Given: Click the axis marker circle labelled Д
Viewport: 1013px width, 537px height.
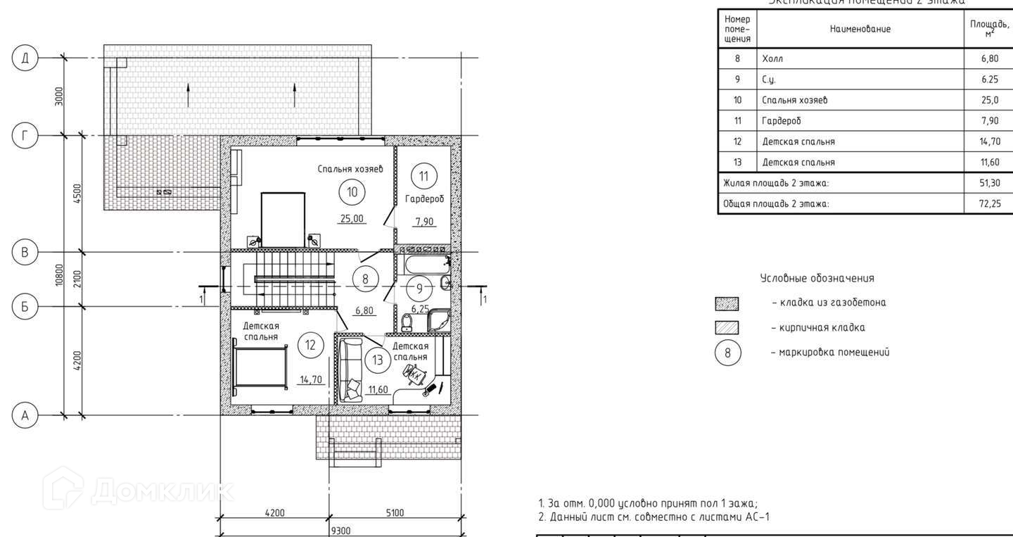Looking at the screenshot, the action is click(x=25, y=58).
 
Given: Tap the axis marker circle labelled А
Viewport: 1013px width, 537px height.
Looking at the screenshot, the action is click(x=25, y=415).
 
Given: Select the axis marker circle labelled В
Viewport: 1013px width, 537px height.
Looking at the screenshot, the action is click(x=25, y=253).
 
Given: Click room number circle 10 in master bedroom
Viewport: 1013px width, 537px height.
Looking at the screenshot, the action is click(x=352, y=191).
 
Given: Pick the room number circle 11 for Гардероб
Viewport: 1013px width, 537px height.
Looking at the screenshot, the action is click(x=423, y=175).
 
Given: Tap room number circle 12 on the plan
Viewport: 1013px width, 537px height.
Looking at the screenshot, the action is click(x=310, y=345).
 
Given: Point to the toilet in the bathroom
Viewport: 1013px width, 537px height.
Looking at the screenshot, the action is click(x=407, y=322).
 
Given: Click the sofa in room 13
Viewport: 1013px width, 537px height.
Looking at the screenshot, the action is click(x=350, y=369).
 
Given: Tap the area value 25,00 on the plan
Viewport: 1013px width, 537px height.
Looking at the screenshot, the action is click(x=352, y=219).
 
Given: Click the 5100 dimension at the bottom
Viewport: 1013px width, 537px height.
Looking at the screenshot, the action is click(x=395, y=513).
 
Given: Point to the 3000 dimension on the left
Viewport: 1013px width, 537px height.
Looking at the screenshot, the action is click(x=60, y=96).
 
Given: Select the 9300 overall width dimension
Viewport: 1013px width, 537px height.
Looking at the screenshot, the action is click(x=340, y=530).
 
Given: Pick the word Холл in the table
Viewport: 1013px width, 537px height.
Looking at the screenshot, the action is click(x=772, y=58).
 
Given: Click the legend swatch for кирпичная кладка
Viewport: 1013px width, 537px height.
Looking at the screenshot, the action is click(x=727, y=328).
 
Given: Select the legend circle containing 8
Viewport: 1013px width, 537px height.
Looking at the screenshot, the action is click(x=727, y=353).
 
